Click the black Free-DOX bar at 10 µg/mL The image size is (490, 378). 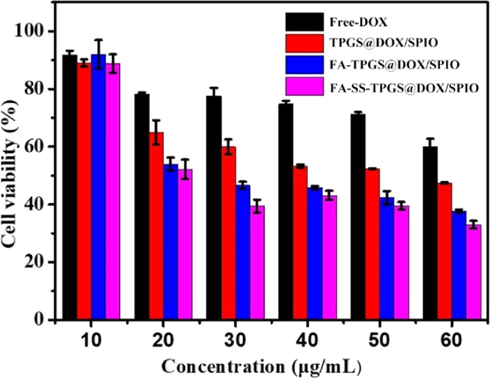coord(70,187)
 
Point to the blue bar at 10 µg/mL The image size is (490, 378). coord(99,187)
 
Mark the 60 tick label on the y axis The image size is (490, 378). coord(38,147)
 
